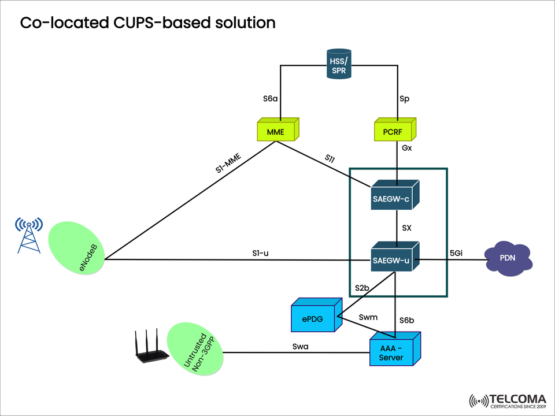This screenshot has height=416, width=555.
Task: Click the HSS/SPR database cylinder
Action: click(338, 65)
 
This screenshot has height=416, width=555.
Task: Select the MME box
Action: click(276, 131)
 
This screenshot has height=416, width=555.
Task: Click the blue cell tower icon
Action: click(29, 235)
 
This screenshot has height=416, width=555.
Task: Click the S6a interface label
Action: click(271, 99)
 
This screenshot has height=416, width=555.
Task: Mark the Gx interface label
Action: click(406, 148)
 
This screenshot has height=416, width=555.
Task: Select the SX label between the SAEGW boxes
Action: click(406, 228)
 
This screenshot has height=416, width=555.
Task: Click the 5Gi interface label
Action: click(456, 252)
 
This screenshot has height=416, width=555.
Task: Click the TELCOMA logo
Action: click(508, 400)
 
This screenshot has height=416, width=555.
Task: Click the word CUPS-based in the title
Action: click(157, 23)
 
